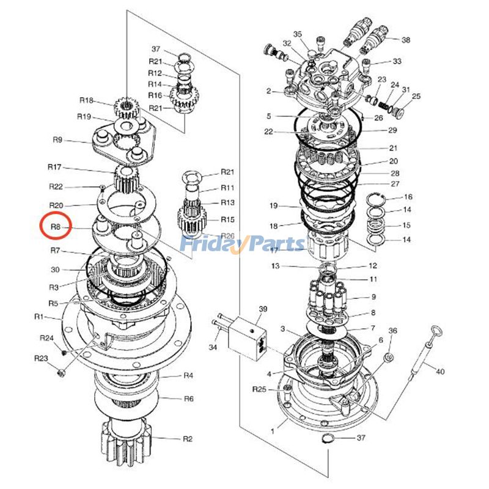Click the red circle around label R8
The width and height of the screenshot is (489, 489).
pyautogui.click(x=56, y=227)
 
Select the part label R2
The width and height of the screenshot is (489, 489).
pyautogui.click(x=188, y=439)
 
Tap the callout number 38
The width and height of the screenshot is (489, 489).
pyautogui.click(x=406, y=40)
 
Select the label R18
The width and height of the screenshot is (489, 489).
pyautogui.click(x=86, y=101)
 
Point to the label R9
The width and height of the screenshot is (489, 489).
pyautogui.click(x=57, y=140)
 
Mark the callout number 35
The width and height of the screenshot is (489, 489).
pyautogui.click(x=298, y=34)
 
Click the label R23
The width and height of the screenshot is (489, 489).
pyautogui.click(x=41, y=358)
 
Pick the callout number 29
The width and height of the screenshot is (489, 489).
pyautogui.click(x=392, y=130)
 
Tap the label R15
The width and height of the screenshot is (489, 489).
pyautogui.click(x=227, y=219)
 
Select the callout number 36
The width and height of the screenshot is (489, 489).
pyautogui.click(x=393, y=331)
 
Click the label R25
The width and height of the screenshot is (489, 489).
pyautogui.click(x=260, y=389)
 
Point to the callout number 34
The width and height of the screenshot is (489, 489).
pyautogui.click(x=213, y=347)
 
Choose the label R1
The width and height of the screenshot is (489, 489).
pyautogui.click(x=40, y=317)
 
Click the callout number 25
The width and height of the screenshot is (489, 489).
pyautogui.click(x=416, y=96)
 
